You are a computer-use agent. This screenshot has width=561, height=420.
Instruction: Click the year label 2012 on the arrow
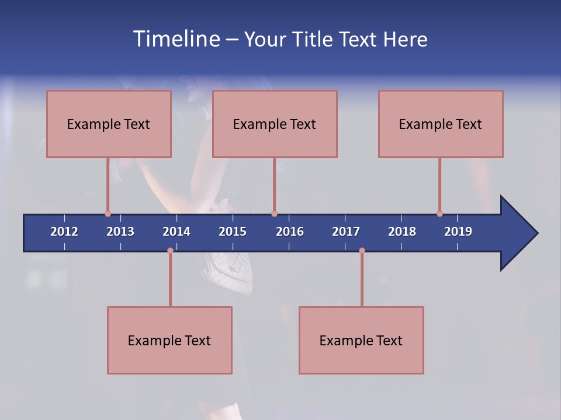(64, 232)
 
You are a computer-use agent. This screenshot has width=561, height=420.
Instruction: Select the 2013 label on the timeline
(120, 232)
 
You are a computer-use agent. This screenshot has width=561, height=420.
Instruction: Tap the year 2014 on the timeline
(176, 232)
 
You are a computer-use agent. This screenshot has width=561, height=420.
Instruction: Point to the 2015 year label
(233, 232)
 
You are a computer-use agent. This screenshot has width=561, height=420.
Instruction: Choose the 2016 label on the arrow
(290, 232)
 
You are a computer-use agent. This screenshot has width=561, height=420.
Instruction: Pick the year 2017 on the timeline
(346, 232)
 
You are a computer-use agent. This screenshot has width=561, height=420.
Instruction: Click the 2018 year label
(402, 232)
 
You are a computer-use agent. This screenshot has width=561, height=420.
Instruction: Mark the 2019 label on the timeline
(458, 232)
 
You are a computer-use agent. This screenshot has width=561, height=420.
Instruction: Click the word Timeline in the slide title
(175, 39)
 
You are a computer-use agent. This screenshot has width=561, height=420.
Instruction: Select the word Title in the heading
(314, 39)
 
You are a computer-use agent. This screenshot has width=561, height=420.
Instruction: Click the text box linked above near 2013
(109, 124)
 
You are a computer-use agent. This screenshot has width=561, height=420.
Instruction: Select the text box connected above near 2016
(275, 124)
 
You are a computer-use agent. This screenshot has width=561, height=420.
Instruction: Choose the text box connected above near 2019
(441, 124)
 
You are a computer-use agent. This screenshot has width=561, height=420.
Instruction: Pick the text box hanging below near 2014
(169, 340)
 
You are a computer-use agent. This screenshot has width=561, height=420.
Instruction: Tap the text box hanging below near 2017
(361, 340)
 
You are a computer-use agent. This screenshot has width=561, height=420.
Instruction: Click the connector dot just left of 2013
(108, 213)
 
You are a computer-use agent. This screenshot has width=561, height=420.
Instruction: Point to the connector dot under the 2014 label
(170, 250)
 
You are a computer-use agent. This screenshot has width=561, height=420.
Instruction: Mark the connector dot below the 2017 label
(362, 250)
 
